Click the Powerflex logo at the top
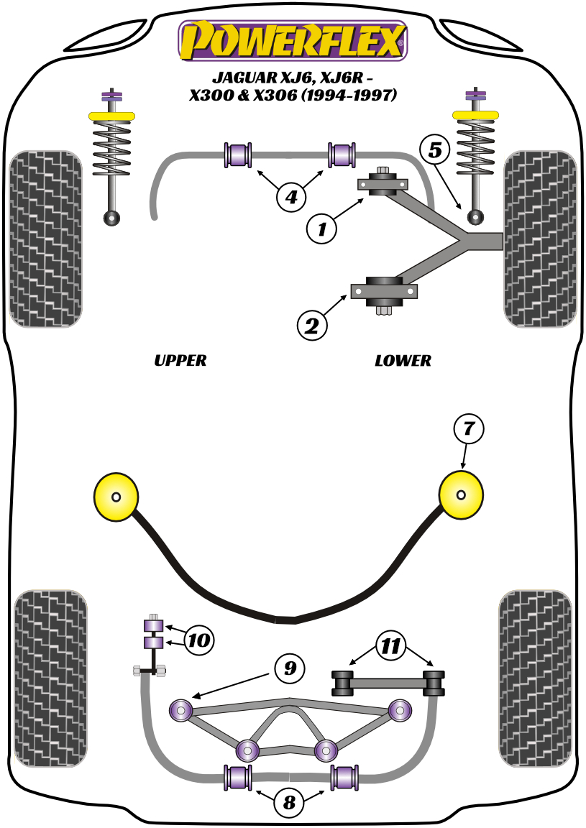tap(293, 41)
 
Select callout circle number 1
tap(322, 229)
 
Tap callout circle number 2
tap(312, 326)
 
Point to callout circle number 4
tap(290, 195)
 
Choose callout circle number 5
tap(435, 149)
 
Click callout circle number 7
tap(468, 429)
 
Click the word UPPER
tap(180, 360)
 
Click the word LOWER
tap(403, 360)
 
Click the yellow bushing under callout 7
tap(461, 495)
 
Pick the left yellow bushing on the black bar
tap(116, 497)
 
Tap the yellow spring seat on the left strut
tap(111, 116)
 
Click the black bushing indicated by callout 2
tap(384, 290)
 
